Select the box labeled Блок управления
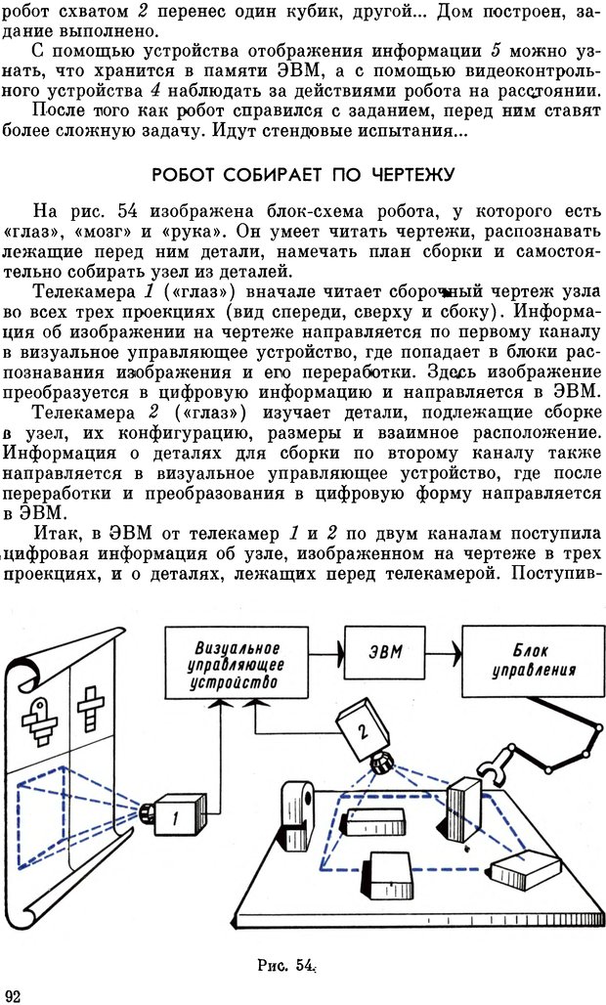tap(532, 662)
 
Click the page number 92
tap(13, 994)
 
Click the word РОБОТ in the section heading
tap(184, 175)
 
